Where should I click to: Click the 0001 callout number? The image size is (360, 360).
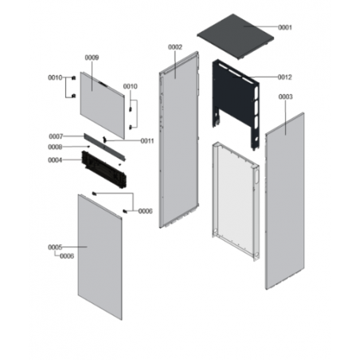(285, 27)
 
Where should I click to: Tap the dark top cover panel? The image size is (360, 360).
(235, 37)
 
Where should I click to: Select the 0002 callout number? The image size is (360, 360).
(175, 47)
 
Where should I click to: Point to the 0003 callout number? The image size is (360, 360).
(286, 96)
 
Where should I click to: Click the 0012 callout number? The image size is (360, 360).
(285, 77)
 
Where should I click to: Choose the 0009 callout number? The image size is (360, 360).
(92, 57)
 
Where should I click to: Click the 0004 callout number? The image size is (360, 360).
(55, 160)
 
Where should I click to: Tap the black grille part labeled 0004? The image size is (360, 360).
(104, 170)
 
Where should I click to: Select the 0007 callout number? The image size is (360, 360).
(56, 136)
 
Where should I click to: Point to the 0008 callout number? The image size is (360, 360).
(55, 147)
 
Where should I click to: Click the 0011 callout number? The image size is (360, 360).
(147, 141)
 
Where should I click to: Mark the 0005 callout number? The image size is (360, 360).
(55, 247)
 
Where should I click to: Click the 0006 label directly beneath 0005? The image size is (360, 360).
(67, 256)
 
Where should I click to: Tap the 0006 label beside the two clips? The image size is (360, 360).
(146, 211)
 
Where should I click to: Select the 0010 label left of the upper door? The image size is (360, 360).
(55, 77)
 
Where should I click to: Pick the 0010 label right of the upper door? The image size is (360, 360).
(131, 87)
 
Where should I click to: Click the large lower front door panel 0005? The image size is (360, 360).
(100, 257)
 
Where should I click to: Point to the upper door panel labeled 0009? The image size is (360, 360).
(102, 105)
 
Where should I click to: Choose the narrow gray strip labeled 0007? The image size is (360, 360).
(104, 147)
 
